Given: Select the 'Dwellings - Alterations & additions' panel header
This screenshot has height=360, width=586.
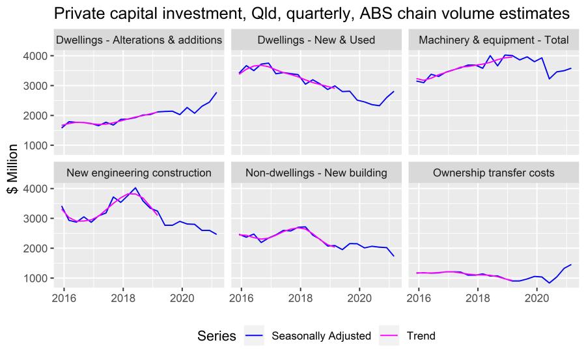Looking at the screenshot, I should click(139, 40).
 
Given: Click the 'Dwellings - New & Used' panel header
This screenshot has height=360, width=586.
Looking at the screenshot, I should click(316, 40).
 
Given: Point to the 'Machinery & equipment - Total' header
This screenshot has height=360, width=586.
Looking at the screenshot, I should click(494, 40).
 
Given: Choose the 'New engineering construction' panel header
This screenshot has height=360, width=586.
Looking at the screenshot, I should click(139, 173).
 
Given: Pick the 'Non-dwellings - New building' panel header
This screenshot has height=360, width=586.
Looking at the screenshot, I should click(316, 173).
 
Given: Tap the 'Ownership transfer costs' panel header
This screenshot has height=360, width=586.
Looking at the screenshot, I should click(494, 173).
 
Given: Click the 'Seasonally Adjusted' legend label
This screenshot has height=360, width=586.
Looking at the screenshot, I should click(321, 336).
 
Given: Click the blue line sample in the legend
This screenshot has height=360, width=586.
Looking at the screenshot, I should click(256, 336).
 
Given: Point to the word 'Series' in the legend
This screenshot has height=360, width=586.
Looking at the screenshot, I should click(216, 336).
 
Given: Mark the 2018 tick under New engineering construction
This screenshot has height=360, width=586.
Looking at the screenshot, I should click(122, 299).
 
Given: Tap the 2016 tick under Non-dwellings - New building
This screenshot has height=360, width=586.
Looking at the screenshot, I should click(241, 299).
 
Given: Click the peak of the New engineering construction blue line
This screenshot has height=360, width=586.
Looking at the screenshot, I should click(135, 187).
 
